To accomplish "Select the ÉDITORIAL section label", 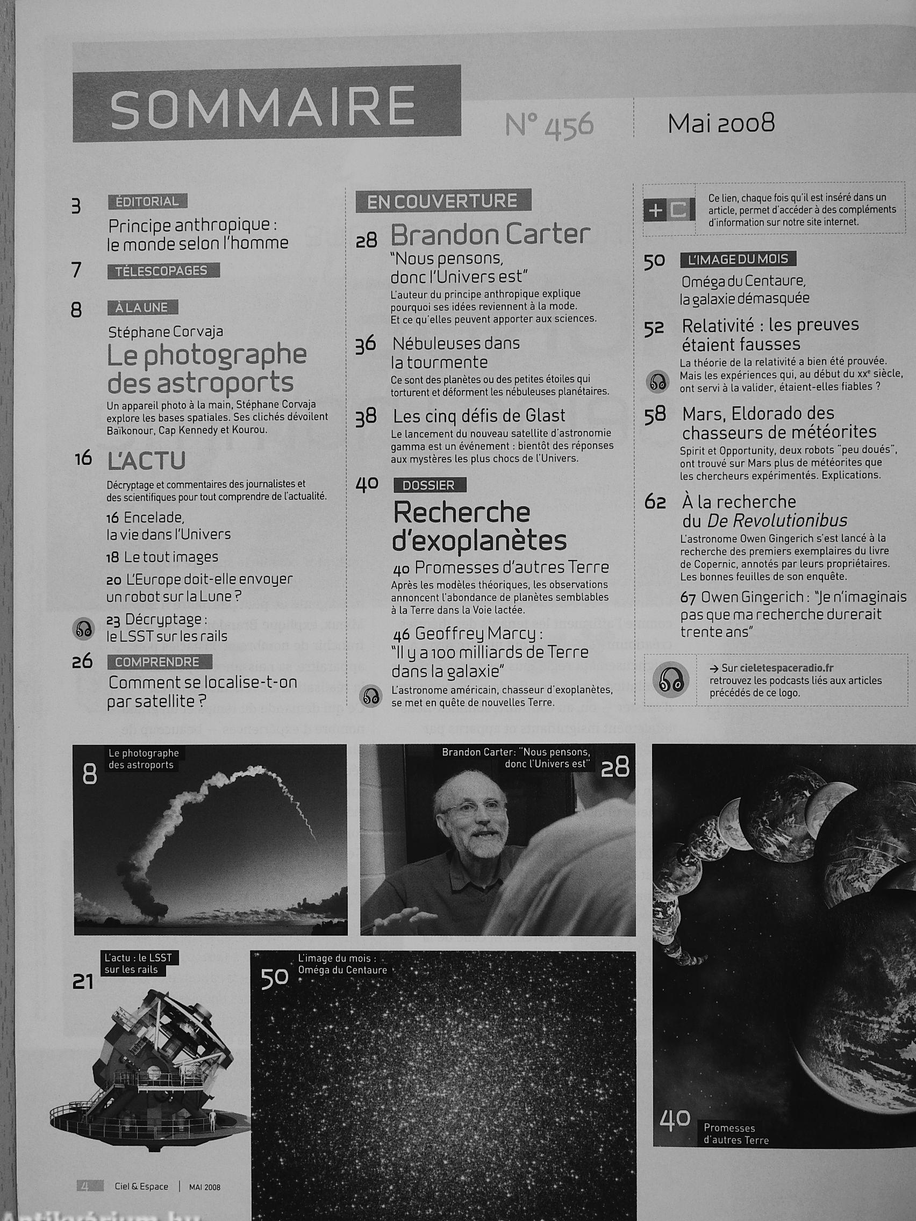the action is point(148,202).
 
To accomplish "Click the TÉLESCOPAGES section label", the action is point(164,270).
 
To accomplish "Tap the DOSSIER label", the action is point(430,485).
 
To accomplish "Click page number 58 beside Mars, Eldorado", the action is point(655,415).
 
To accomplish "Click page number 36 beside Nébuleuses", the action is point(366,345).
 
